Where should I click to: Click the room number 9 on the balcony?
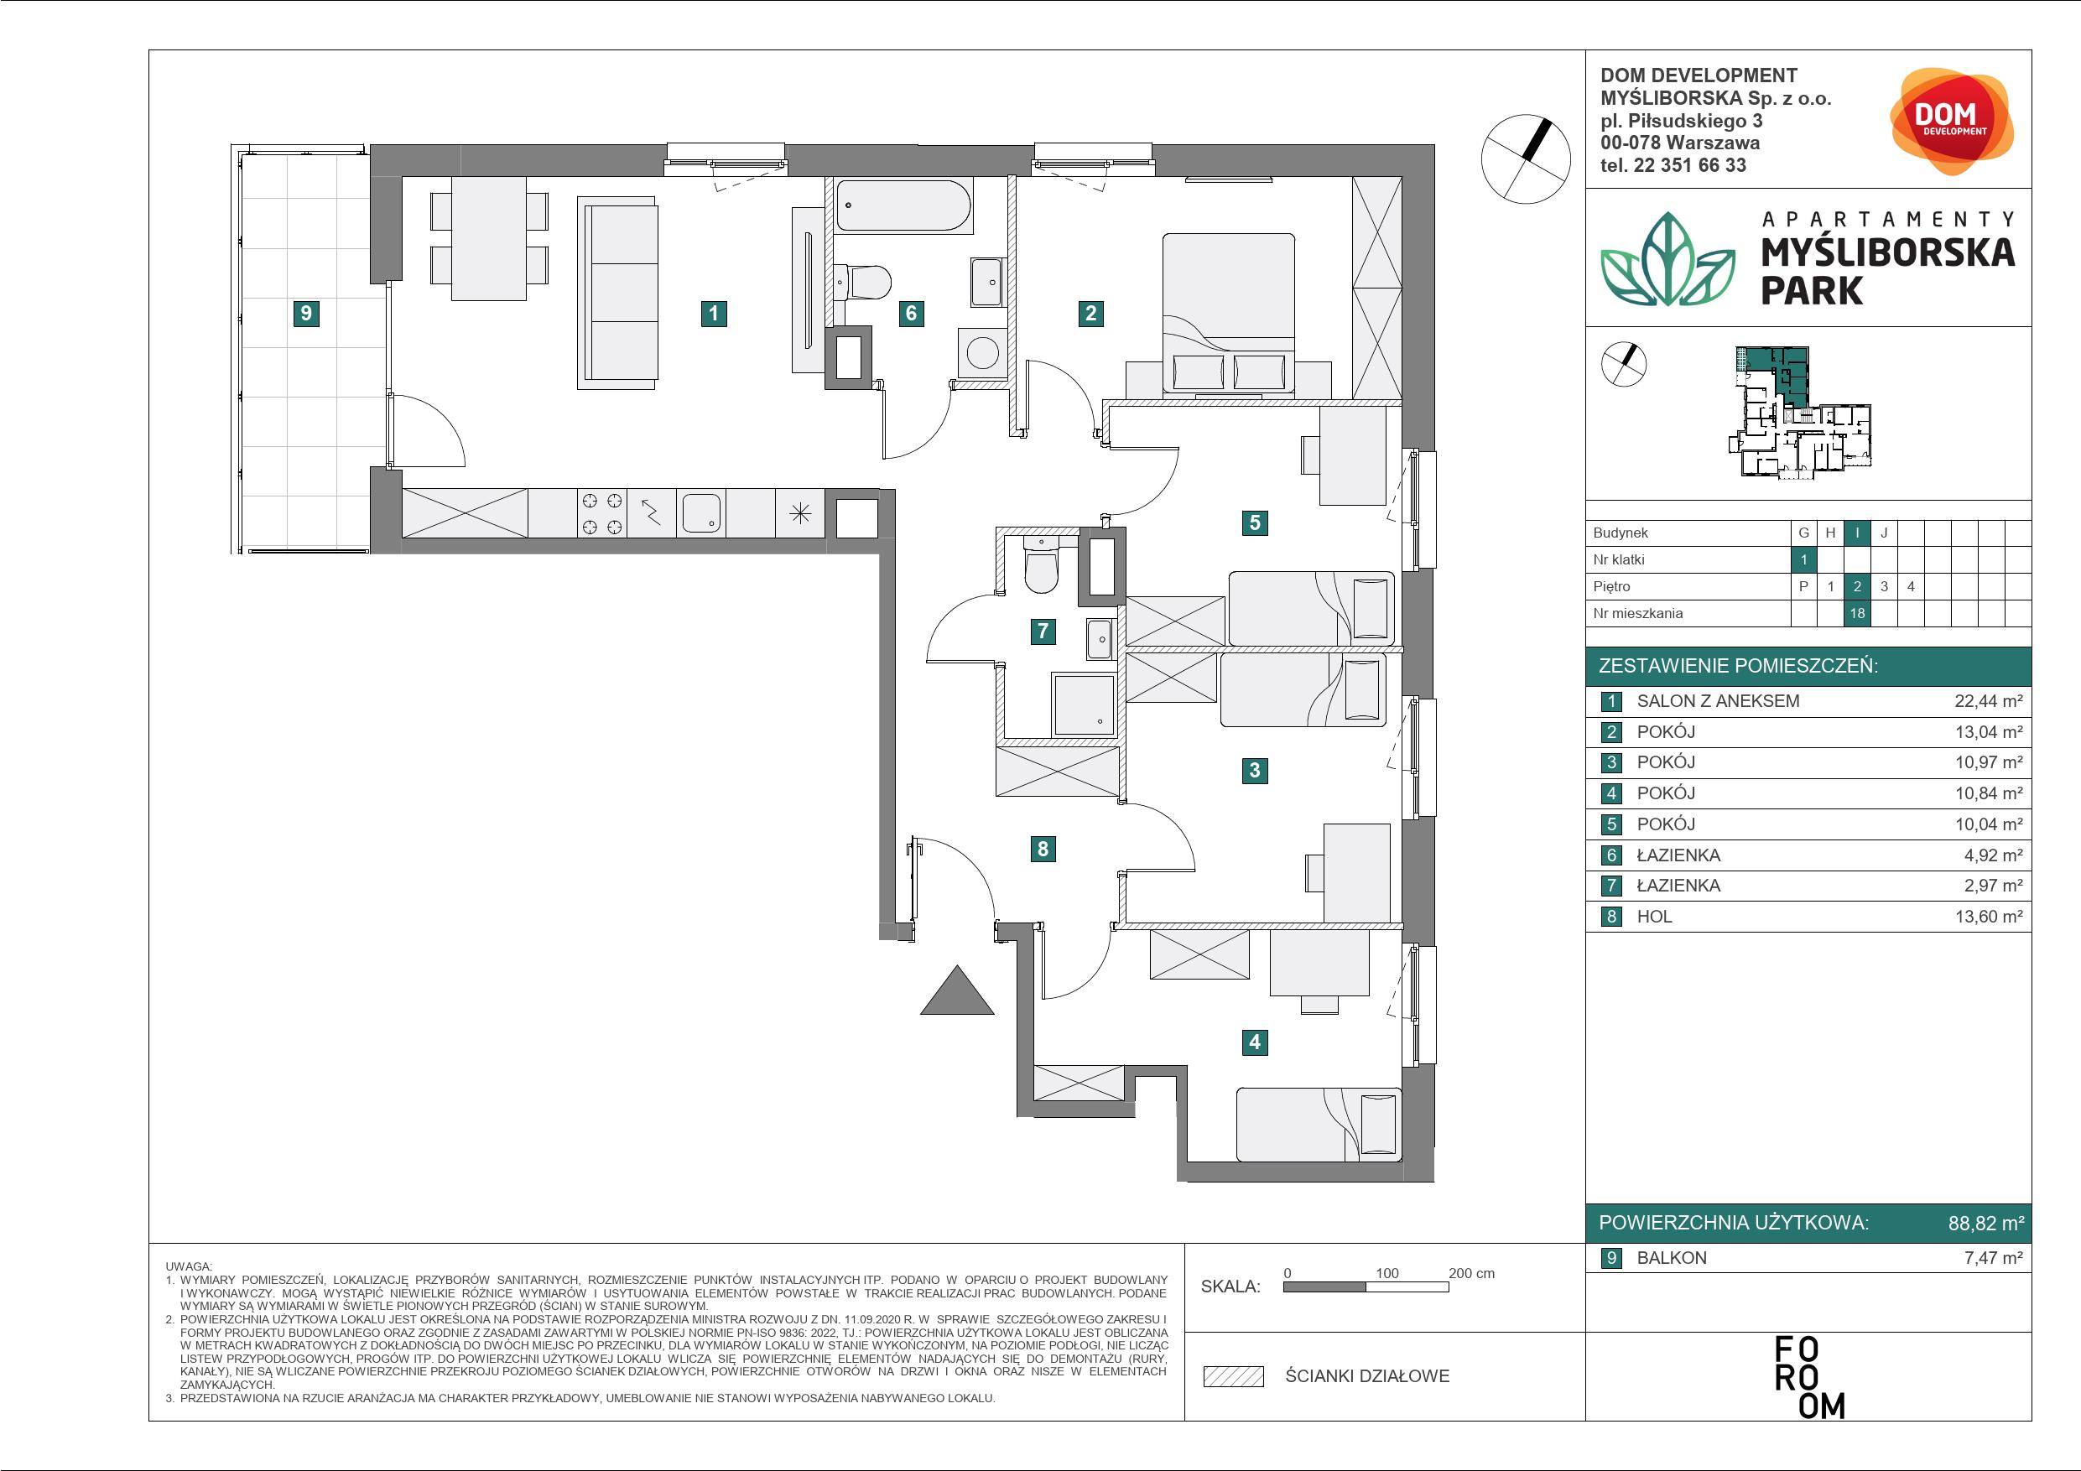306,314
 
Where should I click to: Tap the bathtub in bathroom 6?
903,205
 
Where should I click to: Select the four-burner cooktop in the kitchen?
602,513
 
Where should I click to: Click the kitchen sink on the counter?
701,513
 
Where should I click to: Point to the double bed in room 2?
1228,314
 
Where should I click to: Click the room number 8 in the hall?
1043,850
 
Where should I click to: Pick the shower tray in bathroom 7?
1083,704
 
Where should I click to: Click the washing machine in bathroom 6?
981,352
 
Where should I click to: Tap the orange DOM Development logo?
1951,122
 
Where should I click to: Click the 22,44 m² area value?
1989,700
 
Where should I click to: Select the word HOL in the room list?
1654,917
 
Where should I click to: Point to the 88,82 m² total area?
1987,1223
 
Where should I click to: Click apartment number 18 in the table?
1857,614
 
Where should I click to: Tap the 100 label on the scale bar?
1386,1273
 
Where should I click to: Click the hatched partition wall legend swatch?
1234,1377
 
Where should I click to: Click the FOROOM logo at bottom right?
1809,1377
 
